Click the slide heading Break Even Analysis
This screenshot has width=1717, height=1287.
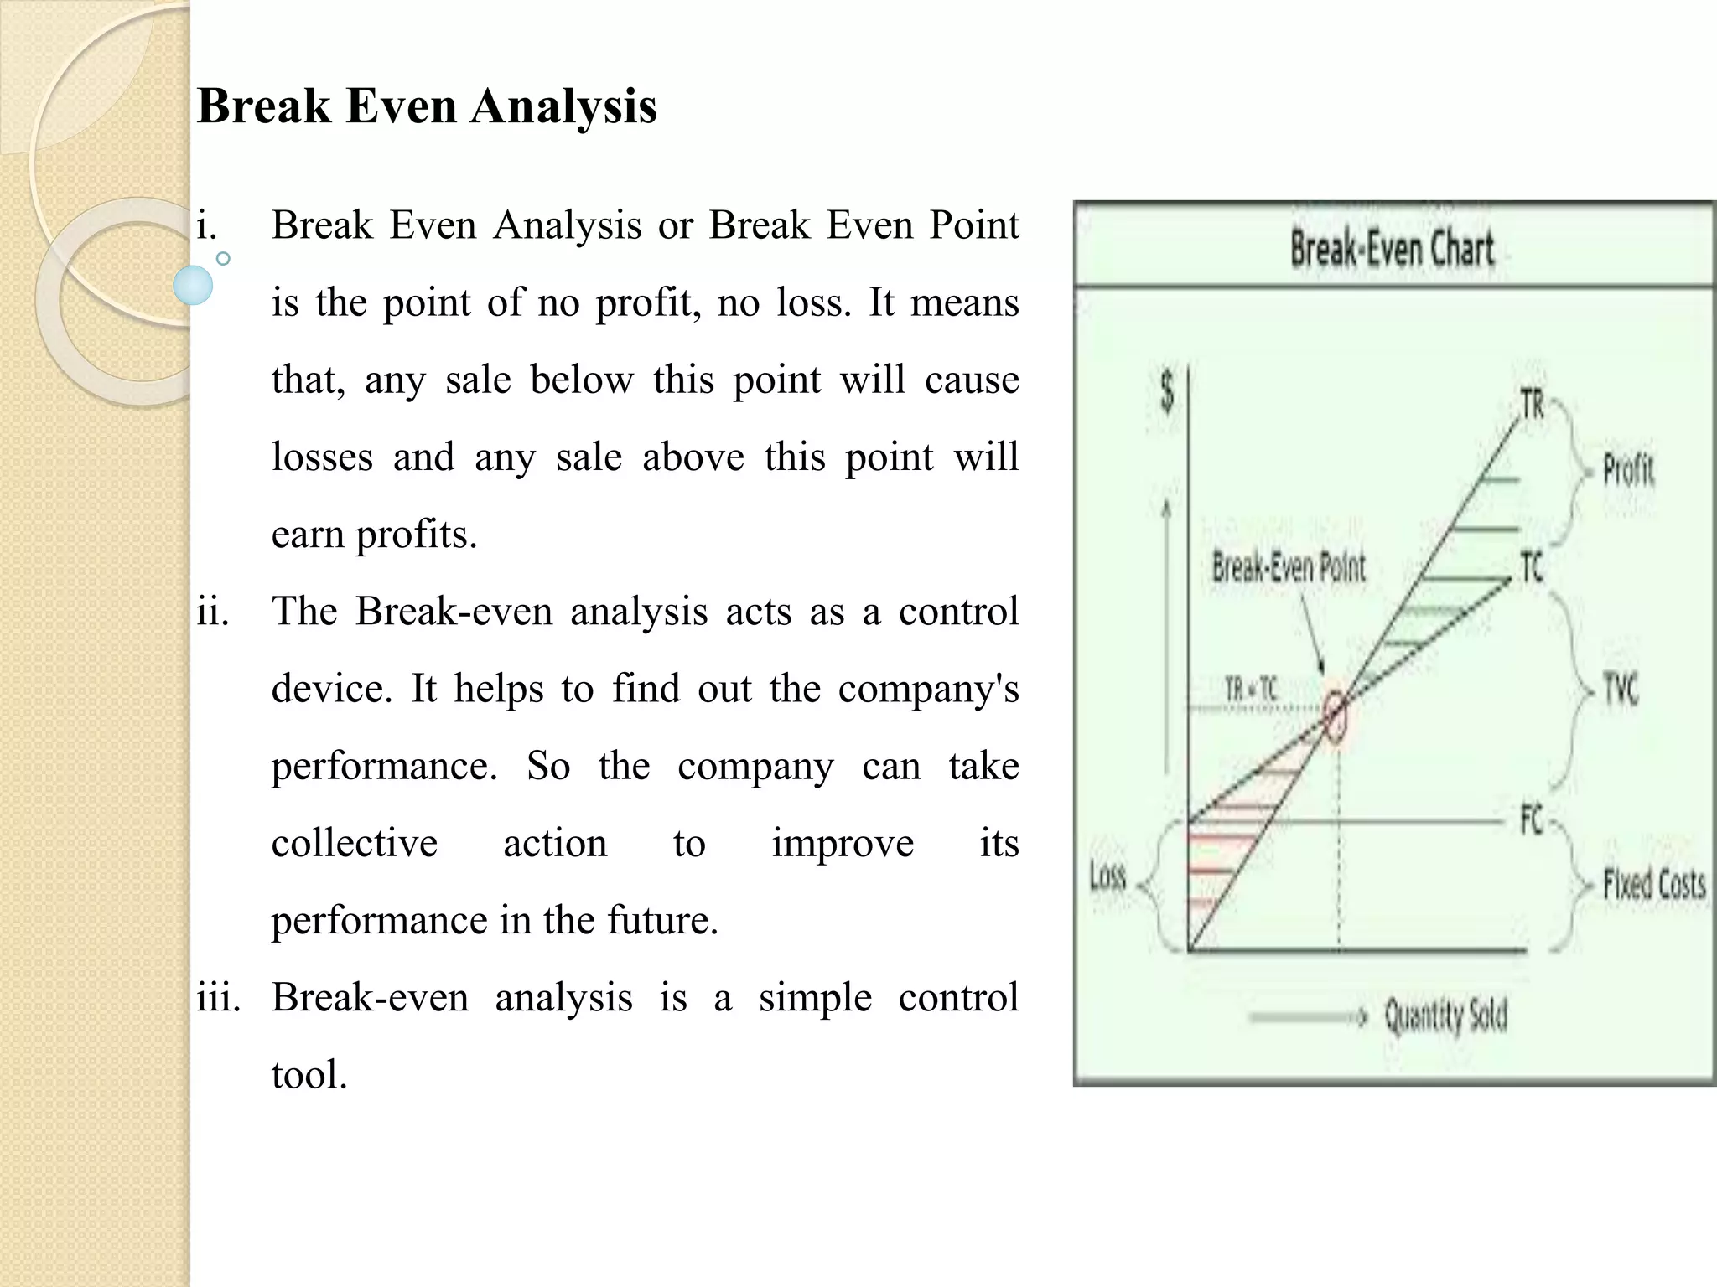[427, 106]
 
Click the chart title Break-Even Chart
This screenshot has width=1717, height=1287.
[1392, 249]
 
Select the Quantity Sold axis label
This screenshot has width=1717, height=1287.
[1445, 1016]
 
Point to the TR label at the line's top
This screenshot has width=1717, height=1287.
[1533, 404]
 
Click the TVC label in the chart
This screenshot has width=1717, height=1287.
[1620, 690]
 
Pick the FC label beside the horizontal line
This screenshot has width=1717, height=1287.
[1532, 819]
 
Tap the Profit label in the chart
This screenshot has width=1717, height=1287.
[1628, 469]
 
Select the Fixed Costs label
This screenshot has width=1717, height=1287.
[1654, 884]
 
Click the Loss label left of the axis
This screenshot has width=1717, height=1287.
[1107, 876]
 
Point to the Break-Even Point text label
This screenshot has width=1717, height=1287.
[1289, 568]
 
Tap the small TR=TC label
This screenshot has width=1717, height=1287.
[1251, 690]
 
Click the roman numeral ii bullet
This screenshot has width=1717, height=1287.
[213, 612]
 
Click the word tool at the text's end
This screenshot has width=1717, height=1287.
[309, 1075]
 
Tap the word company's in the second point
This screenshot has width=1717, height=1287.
[928, 690]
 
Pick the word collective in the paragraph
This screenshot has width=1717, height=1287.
[355, 844]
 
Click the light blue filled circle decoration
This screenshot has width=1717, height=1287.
[194, 285]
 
